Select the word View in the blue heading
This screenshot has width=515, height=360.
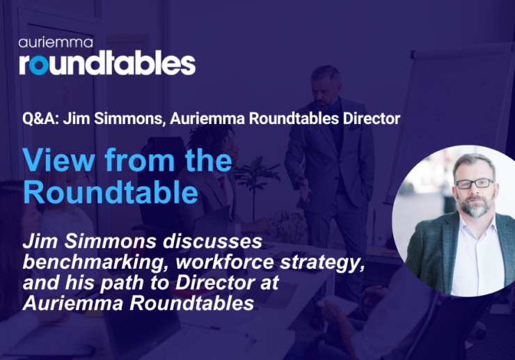56,161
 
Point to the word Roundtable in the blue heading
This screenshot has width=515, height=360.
111,191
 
